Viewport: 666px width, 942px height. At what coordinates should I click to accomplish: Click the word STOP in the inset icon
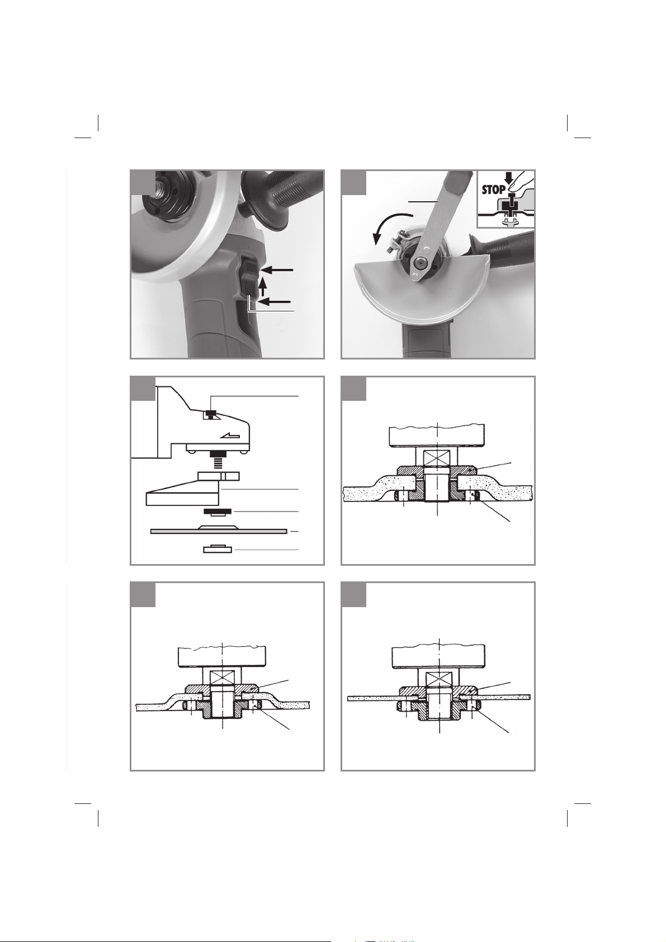tap(494, 190)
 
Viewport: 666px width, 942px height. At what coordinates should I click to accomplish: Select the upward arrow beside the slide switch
tap(263, 287)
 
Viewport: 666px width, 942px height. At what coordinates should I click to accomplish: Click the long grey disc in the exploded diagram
tap(219, 530)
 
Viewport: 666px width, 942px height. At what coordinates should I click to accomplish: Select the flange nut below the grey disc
tap(218, 549)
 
